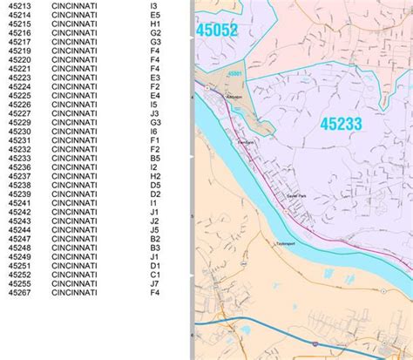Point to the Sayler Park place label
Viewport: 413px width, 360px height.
298,196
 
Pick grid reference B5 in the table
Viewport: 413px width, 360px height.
154,159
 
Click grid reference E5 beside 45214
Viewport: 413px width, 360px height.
154,16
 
